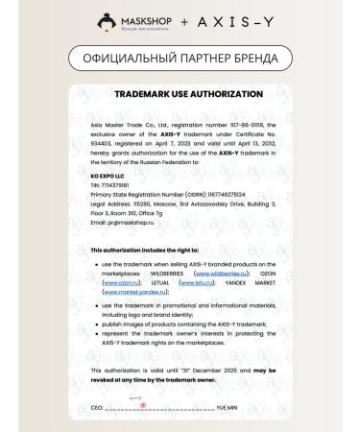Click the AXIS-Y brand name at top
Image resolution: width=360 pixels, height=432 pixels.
[227, 20]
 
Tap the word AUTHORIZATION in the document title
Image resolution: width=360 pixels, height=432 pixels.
[218, 95]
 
